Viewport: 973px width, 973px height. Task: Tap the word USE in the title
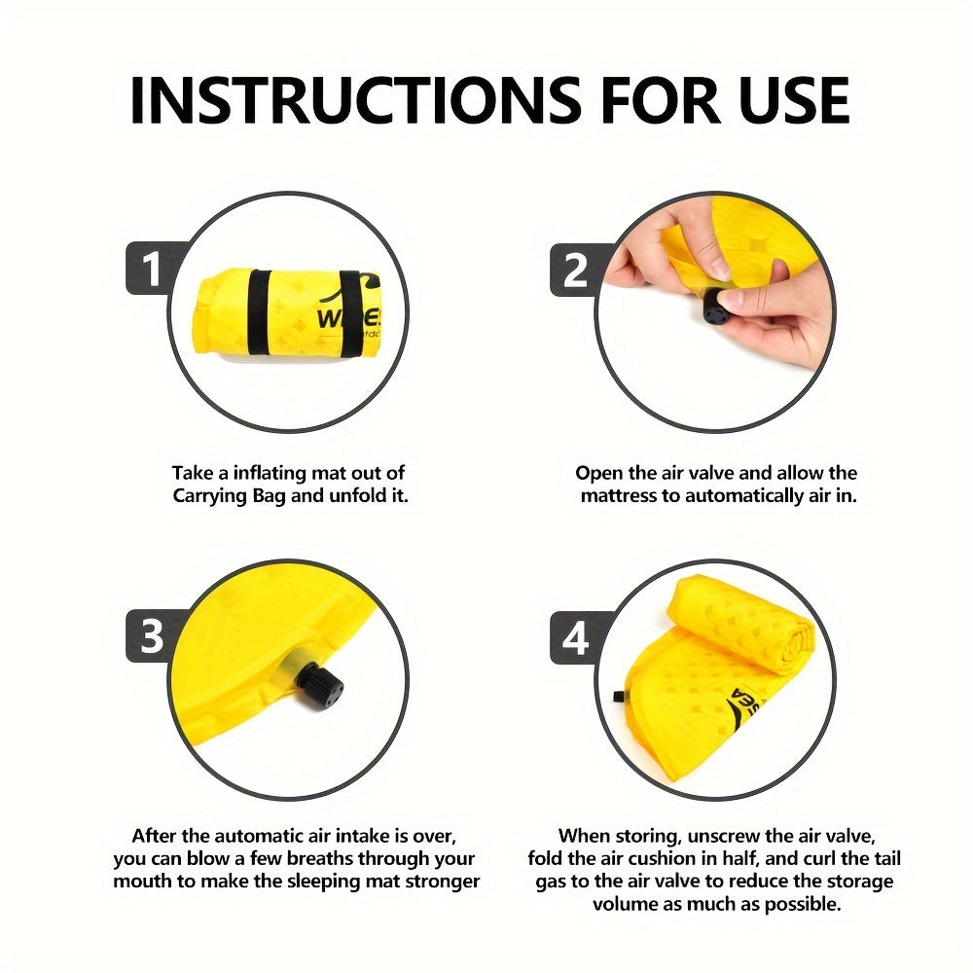click(x=795, y=100)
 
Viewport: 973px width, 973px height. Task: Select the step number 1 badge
click(x=151, y=270)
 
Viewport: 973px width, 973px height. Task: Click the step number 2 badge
click(x=575, y=270)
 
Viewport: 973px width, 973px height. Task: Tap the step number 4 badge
click(x=575, y=637)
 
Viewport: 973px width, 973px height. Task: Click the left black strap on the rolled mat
click(x=259, y=313)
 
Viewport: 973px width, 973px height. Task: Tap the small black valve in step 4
click(x=618, y=697)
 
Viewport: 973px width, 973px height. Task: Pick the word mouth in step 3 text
click(x=143, y=882)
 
